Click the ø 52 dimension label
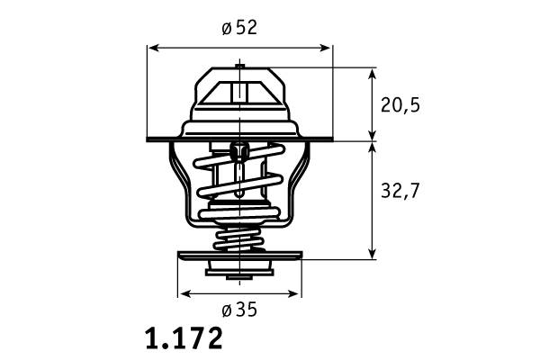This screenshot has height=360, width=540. point(239,28)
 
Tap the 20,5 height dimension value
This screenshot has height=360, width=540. point(400,104)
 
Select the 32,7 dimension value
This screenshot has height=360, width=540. point(400,190)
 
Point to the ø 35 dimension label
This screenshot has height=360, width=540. point(239,310)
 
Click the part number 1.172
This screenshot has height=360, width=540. point(184,338)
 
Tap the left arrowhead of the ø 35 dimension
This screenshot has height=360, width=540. point(184,294)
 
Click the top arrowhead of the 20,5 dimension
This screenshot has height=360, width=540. point(372,75)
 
